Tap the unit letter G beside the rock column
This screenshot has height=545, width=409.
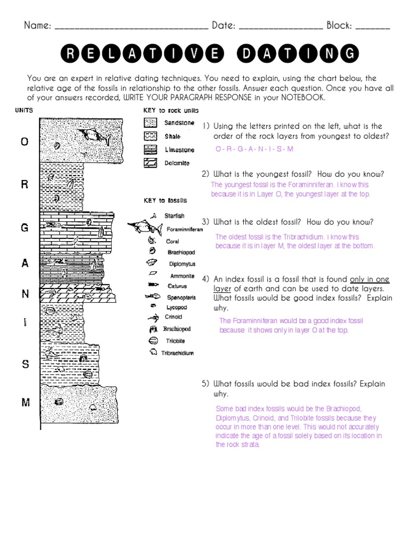coord(24,228)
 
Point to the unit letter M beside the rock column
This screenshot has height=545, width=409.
coord(25,402)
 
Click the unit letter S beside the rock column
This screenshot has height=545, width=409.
coord(25,364)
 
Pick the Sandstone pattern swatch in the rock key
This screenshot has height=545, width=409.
coord(150,122)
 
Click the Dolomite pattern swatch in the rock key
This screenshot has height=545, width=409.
coord(150,163)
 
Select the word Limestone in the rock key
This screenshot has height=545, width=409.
coord(179,150)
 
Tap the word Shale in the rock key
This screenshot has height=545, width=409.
coord(173,136)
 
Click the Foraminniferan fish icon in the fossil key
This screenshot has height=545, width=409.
coord(146,228)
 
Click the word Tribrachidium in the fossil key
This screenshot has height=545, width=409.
coord(177,352)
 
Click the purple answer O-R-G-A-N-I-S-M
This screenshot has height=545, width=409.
coord(254,150)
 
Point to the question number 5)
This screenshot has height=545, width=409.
coord(206,384)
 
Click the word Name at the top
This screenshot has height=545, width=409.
coord(37,26)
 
